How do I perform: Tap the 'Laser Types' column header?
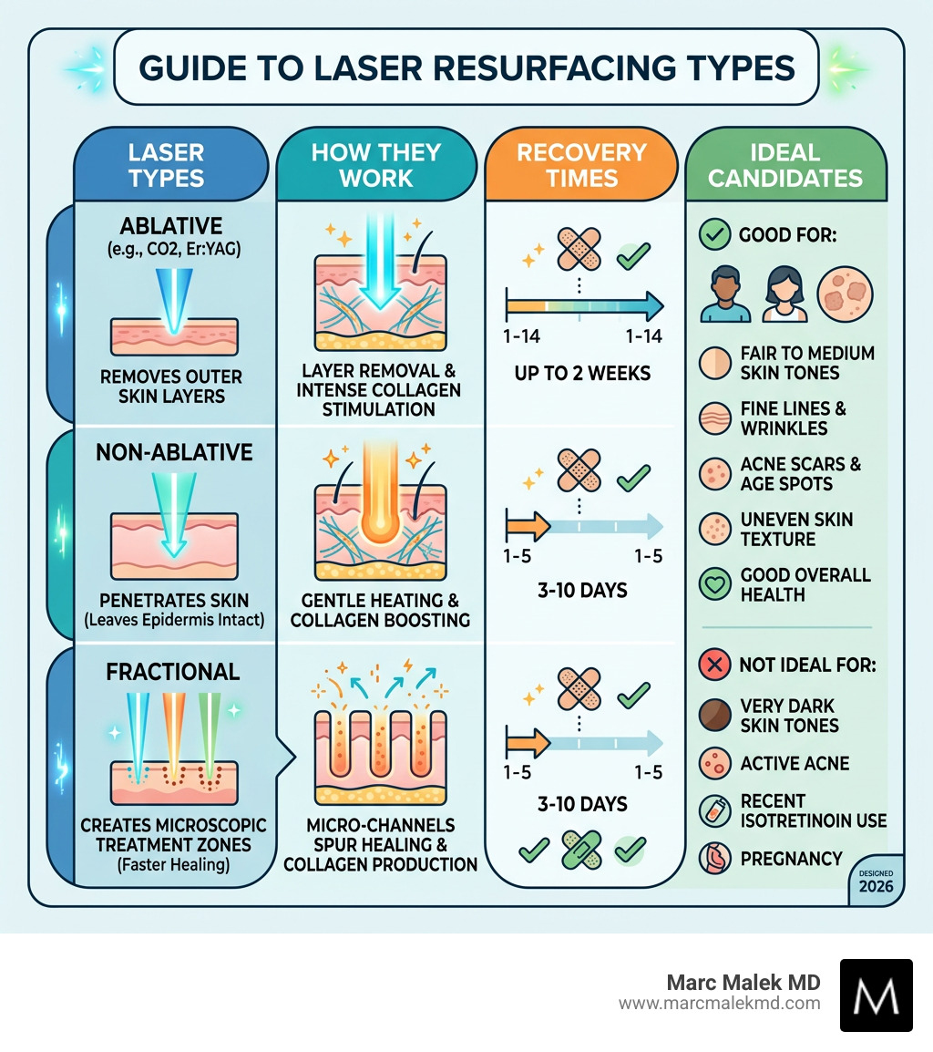coord(166,164)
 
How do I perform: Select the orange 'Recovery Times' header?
coord(581,164)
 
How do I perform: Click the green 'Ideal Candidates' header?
coord(786,164)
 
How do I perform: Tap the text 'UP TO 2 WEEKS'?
coord(581,374)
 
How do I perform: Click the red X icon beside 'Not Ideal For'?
coord(714,665)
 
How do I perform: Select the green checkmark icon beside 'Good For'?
coord(713,235)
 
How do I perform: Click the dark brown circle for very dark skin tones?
coord(714,716)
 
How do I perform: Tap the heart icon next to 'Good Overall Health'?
coord(714,584)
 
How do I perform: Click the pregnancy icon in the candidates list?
coord(714,859)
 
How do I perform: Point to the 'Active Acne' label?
coord(795,763)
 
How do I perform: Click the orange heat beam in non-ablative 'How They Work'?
coord(377,493)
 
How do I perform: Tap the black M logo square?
coord(876,995)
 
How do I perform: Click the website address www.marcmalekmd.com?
coord(720,1004)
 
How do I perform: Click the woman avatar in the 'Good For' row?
coord(784,294)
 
